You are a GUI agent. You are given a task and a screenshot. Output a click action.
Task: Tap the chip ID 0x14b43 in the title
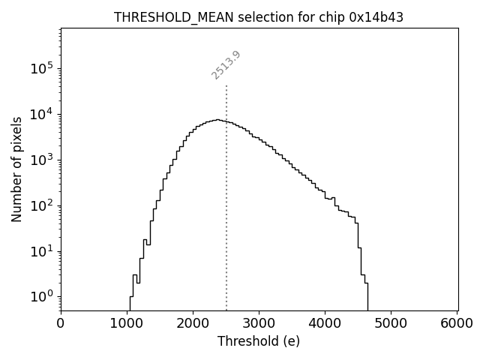[376, 17]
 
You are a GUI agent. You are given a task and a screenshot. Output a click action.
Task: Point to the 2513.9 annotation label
[226, 65]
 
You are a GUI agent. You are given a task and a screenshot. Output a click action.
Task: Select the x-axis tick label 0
[61, 323]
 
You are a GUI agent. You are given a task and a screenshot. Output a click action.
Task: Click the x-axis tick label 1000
[127, 323]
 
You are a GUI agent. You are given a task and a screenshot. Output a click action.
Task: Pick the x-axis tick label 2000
[193, 323]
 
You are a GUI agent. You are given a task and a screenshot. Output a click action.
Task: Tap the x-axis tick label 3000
[259, 323]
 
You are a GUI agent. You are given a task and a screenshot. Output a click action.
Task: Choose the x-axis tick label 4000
[325, 323]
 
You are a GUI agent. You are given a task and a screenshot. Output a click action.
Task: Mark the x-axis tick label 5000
[391, 323]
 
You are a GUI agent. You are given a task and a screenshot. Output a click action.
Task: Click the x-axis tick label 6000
[457, 323]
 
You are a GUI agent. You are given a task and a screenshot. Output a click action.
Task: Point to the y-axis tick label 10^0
[42, 296]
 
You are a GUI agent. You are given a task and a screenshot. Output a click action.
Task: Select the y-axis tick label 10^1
[42, 250]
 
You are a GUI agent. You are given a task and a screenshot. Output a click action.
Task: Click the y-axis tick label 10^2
[42, 205]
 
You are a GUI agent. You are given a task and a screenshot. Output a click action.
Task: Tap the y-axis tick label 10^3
[42, 159]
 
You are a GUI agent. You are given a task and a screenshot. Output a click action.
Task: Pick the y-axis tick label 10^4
[42, 114]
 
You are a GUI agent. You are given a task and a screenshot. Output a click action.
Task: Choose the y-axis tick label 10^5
[42, 68]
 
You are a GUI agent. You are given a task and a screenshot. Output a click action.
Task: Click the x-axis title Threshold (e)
[259, 341]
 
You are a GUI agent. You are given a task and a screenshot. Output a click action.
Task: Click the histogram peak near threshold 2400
[217, 119]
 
